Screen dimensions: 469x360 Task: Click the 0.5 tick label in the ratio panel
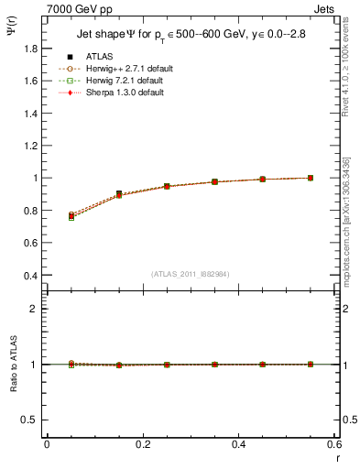[33, 420]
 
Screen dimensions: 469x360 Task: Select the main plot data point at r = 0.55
[311, 178]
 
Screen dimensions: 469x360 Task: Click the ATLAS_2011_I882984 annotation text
[191, 274]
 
